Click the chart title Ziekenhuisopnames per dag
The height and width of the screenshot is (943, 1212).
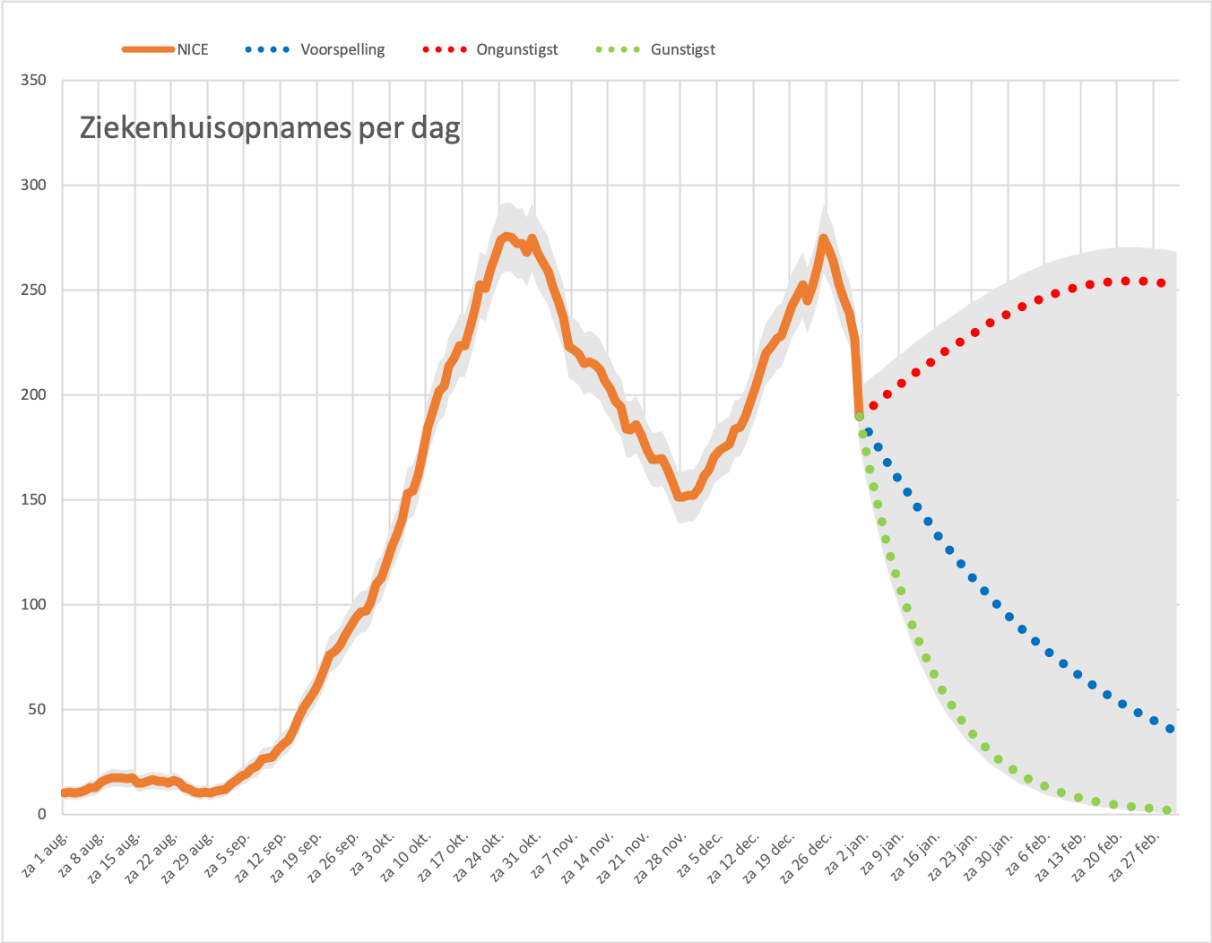[x=270, y=129]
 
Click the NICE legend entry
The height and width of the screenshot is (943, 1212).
[x=165, y=49]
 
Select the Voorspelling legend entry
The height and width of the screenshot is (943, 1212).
[x=316, y=49]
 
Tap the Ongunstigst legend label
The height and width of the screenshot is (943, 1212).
[x=517, y=50]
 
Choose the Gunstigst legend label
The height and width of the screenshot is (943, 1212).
[x=683, y=50]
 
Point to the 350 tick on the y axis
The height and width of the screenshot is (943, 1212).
[x=33, y=81]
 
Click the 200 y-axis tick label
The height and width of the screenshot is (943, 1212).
[x=33, y=394]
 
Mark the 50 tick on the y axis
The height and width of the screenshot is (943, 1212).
[x=38, y=709]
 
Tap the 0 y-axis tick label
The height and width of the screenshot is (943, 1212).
[x=42, y=814]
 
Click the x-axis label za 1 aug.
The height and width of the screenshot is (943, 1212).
[x=47, y=855]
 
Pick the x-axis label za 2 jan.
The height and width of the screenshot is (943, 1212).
[x=846, y=853]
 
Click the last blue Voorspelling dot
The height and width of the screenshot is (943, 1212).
[x=1170, y=729]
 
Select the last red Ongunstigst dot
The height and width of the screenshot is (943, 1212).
[x=1161, y=282]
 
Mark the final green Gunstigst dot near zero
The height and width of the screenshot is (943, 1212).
[x=1167, y=810]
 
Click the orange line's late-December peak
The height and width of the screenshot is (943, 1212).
[x=823, y=238]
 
